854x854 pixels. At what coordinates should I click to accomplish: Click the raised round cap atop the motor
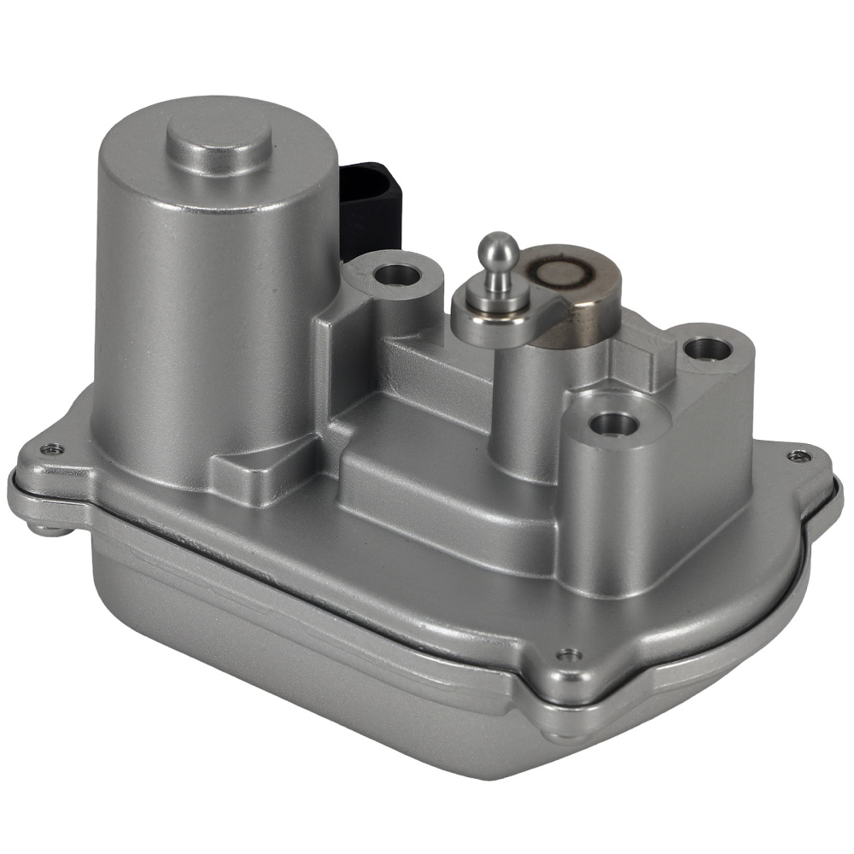pyautogui.click(x=219, y=139)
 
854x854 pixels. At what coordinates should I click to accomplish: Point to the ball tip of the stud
pyautogui.click(x=498, y=249)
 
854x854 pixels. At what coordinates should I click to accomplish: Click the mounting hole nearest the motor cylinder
pyautogui.click(x=396, y=275)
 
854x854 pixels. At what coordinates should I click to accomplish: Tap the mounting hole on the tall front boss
pyautogui.click(x=614, y=424)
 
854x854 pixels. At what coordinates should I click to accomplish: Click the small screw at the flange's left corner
pyautogui.click(x=52, y=448)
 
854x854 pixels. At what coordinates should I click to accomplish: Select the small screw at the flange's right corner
pyautogui.click(x=798, y=455)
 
